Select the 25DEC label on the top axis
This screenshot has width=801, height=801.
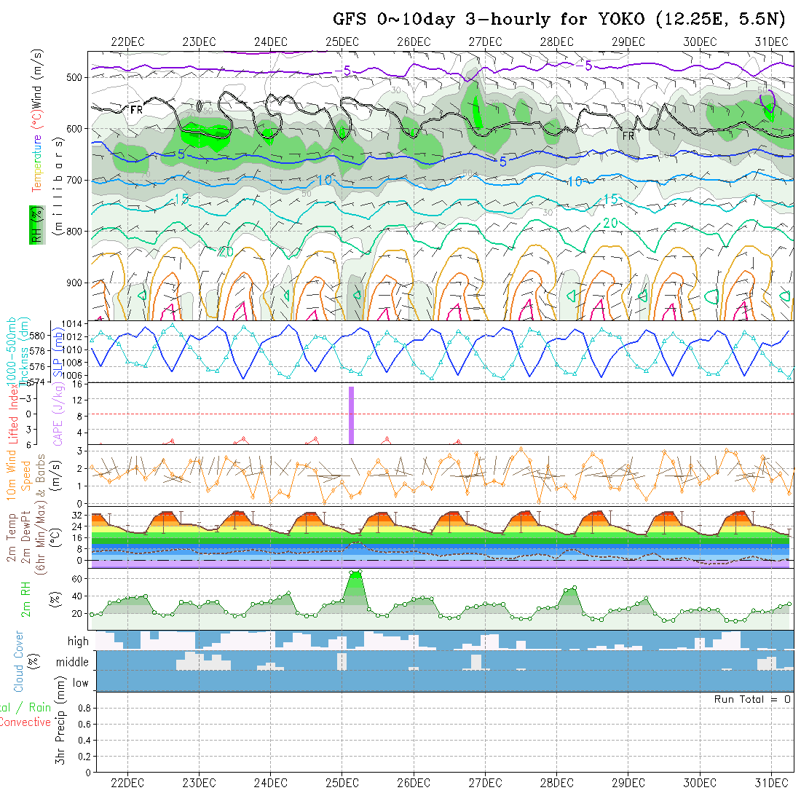[x=342, y=42]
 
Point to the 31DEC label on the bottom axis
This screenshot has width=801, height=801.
[x=771, y=784]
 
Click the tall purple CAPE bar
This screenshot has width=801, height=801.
[x=351, y=415]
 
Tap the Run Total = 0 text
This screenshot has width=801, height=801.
[x=752, y=699]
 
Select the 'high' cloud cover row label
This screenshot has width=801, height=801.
[x=78, y=642]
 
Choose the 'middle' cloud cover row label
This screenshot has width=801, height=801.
[x=73, y=663]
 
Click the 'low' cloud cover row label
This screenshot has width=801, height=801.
[x=80, y=683]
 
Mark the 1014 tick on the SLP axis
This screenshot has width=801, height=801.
[x=76, y=323]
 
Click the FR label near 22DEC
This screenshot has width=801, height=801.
[x=136, y=110]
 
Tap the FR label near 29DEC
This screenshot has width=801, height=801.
[x=628, y=136]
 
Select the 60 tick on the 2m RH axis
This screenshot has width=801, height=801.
[x=76, y=579]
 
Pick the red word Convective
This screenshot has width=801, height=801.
[x=25, y=722]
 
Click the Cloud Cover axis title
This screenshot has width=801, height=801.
[x=19, y=661]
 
